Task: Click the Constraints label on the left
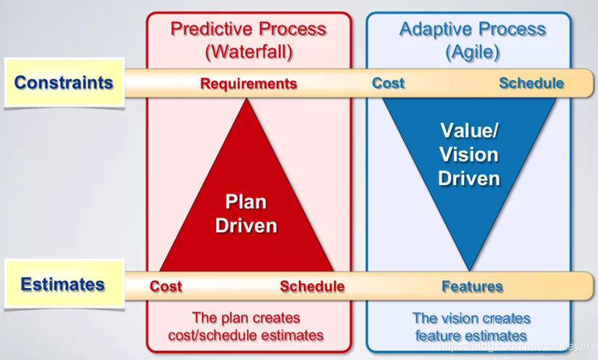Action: [63, 82]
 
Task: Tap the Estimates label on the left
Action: [63, 284]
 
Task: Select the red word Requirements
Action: [249, 84]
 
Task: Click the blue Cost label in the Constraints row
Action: [388, 83]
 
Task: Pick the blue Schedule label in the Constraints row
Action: [531, 83]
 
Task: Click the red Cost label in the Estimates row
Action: [166, 287]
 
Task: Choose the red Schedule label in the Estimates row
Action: [312, 287]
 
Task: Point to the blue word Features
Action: [472, 287]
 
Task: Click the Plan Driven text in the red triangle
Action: [246, 213]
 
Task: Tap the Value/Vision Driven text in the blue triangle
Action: [469, 154]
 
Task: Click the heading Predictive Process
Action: [249, 30]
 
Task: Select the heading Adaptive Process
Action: [473, 30]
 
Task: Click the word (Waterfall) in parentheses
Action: [249, 52]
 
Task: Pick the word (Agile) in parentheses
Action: [473, 52]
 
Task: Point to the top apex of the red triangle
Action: [248, 100]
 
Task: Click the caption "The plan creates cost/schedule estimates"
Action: [246, 326]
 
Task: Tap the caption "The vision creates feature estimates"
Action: [471, 326]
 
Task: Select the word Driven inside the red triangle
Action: [246, 225]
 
